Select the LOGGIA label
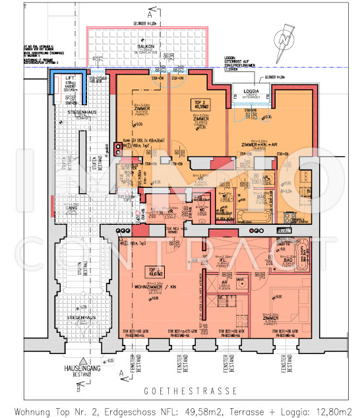tap(251, 91)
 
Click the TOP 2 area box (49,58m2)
tap(200, 104)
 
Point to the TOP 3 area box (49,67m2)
tap(156, 271)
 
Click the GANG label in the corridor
tap(73, 206)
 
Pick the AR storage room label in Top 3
tap(224, 281)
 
